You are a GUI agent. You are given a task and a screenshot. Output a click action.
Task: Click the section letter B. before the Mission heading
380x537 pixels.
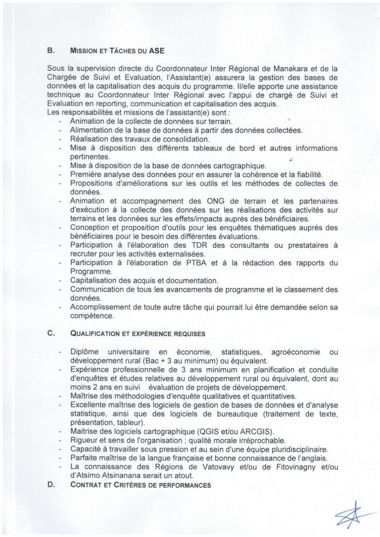click(50, 51)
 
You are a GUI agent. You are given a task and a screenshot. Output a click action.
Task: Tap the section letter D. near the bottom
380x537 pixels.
click(50, 485)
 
